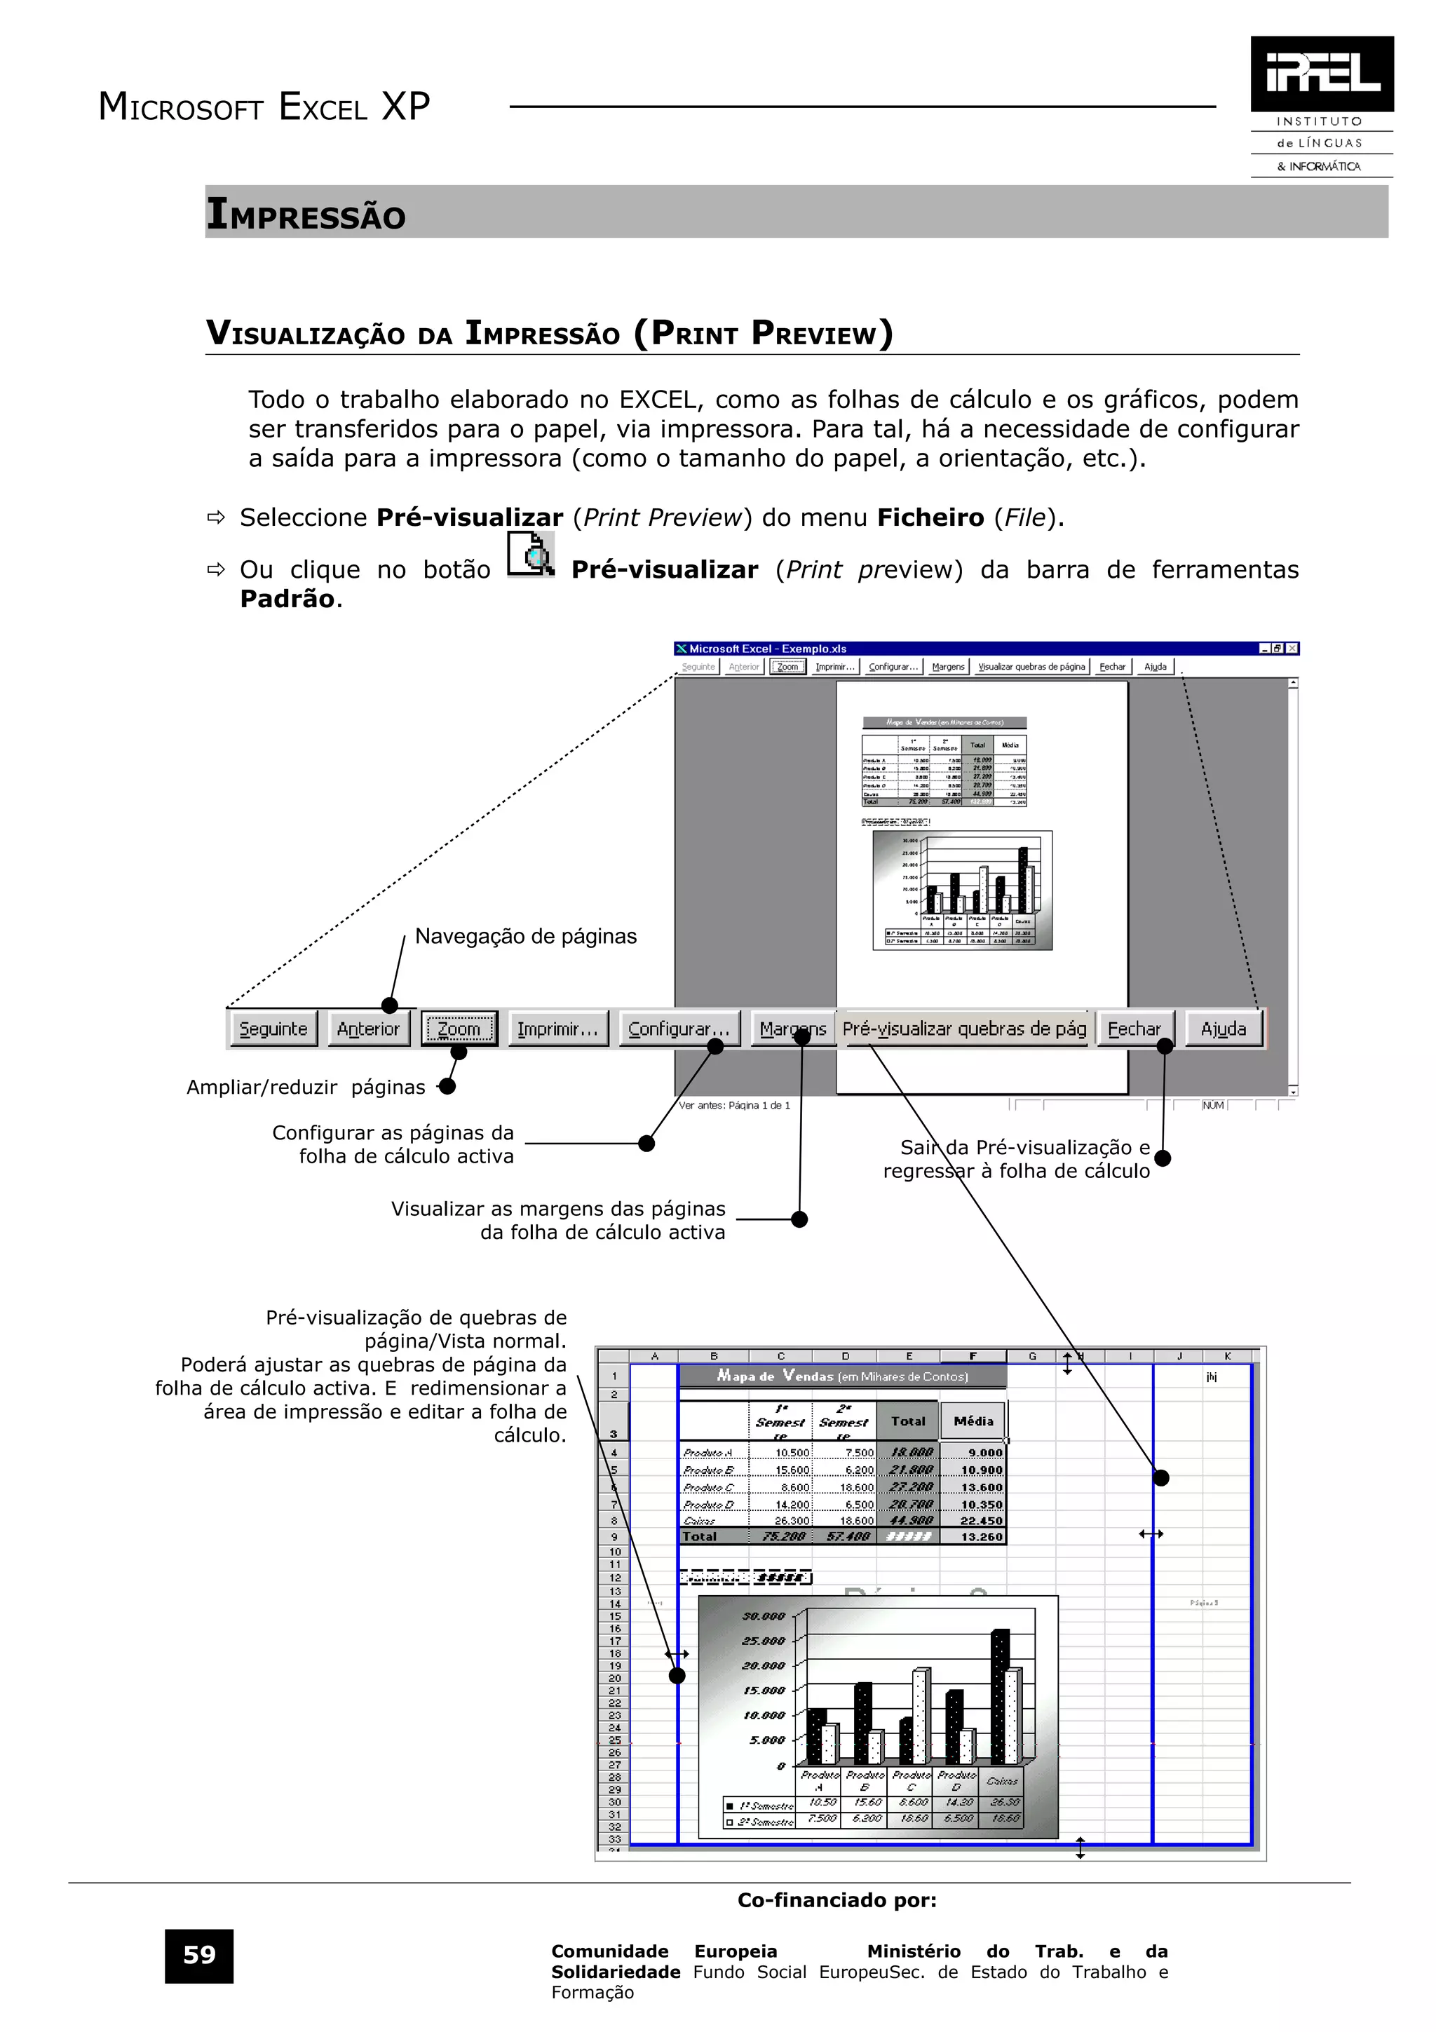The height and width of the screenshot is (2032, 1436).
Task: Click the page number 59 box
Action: (x=199, y=1955)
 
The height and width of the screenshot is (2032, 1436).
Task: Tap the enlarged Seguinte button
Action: (x=273, y=1029)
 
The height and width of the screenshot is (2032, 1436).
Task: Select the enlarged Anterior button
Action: (x=368, y=1029)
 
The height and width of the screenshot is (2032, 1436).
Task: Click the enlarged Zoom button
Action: (x=459, y=1029)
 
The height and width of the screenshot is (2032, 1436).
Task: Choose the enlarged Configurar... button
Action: (x=679, y=1029)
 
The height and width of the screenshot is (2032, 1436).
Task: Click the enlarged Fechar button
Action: (x=1134, y=1029)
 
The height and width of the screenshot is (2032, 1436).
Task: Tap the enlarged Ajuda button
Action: (x=1223, y=1029)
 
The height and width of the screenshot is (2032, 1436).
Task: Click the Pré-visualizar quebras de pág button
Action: (x=964, y=1029)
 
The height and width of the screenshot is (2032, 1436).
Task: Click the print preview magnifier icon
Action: (x=531, y=555)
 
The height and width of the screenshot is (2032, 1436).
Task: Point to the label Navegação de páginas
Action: (x=526, y=936)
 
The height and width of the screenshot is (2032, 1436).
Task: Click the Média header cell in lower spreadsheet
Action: (x=973, y=1421)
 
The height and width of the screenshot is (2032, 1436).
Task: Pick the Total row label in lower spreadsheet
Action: (x=699, y=1536)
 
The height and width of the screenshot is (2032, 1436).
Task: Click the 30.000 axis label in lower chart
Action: (x=763, y=1616)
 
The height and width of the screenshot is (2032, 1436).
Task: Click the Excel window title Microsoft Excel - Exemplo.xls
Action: (x=767, y=649)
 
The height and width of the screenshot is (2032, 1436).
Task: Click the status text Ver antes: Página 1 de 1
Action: (x=734, y=1104)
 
